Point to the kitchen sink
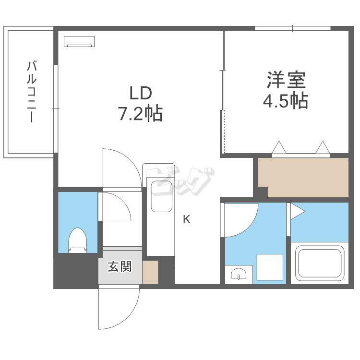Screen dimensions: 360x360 tap(161, 196)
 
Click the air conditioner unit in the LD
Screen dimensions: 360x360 tap(80, 41)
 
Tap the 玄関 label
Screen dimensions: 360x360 tap(119, 266)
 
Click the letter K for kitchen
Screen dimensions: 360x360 tap(186, 220)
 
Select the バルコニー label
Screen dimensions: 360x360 tap(31, 91)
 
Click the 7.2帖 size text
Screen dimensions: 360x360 tap(140, 113)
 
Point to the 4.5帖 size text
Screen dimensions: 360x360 tap(285, 101)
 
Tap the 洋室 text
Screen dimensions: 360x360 tap(286, 80)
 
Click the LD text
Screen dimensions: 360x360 tap(140, 92)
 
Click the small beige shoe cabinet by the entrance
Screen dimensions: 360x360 tap(150, 272)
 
